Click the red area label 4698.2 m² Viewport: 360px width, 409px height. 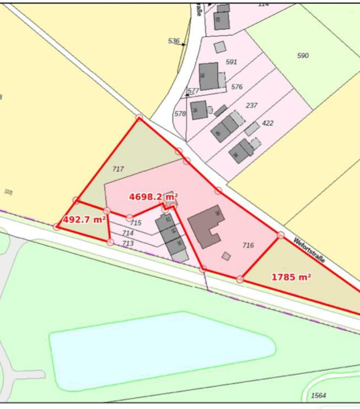pyautogui.click(x=153, y=197)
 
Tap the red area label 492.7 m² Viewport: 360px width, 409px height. pyautogui.click(x=84, y=219)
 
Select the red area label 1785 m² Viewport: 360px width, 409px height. pyautogui.click(x=291, y=277)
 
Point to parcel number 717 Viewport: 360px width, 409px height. pyautogui.click(x=118, y=169)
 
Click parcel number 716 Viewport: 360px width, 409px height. pyautogui.click(x=248, y=245)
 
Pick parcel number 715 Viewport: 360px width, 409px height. pyautogui.click(x=136, y=223)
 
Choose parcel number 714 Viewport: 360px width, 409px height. pyautogui.click(x=128, y=233)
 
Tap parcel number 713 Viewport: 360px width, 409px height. pyautogui.click(x=128, y=244)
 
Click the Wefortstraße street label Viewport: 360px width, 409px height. pyautogui.click(x=309, y=250)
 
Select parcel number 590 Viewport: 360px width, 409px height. pyautogui.click(x=303, y=55)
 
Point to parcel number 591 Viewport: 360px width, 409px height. pyautogui.click(x=231, y=62)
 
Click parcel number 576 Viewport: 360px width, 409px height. pyautogui.click(x=237, y=87)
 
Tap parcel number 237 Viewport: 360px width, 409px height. pyautogui.click(x=252, y=105)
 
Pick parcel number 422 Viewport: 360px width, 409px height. pyautogui.click(x=267, y=123)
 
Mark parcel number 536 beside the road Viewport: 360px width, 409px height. pyautogui.click(x=173, y=41)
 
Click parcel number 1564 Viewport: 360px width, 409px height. pyautogui.click(x=318, y=396)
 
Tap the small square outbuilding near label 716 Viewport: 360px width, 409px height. pyautogui.click(x=226, y=256)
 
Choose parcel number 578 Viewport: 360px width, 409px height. pyautogui.click(x=180, y=114)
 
